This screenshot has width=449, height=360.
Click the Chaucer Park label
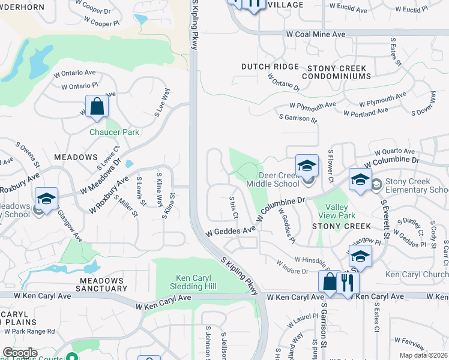(114, 132)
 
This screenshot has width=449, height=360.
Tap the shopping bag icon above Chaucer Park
(97, 107)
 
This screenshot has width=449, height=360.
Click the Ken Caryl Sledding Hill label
(195, 281)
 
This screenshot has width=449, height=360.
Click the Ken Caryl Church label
(416, 274)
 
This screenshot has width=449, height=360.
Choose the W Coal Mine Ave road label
(316, 34)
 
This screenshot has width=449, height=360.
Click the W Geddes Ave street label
(231, 231)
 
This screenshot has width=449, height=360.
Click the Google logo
(19, 353)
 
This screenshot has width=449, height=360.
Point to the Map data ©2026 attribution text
(423, 355)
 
